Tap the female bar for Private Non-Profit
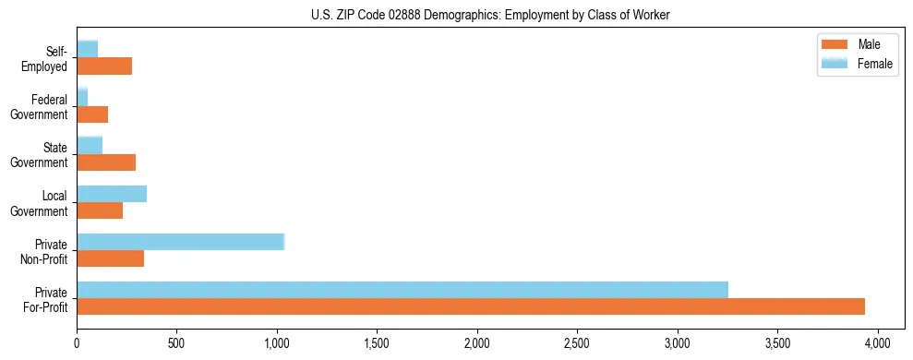coord(180,242)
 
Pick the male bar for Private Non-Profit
coord(110,258)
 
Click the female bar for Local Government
coord(112,194)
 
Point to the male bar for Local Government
coord(100,210)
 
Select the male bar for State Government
coord(106,162)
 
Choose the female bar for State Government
coord(90,145)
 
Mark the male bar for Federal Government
coord(92,114)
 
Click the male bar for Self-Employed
coord(104,66)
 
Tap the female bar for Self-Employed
coord(88,49)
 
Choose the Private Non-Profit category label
coord(45,251)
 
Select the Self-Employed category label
coord(45,59)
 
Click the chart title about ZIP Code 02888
coord(490,14)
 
